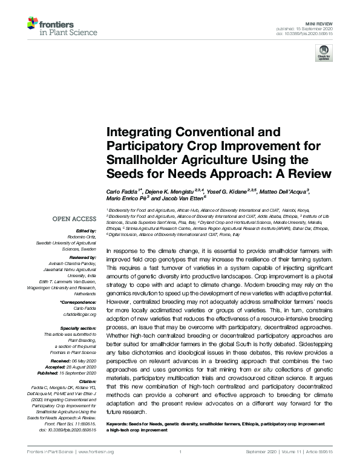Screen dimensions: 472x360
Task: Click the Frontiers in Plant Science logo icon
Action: tap(33, 25)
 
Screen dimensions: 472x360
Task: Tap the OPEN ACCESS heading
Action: tap(74, 218)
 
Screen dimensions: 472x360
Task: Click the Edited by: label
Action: tap(87, 231)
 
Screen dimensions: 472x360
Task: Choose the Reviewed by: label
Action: tap(82, 258)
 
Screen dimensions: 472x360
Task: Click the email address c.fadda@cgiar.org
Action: tap(80, 315)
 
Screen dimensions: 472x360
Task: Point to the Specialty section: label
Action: tap(78, 327)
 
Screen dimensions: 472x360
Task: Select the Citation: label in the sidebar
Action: tap(86, 382)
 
